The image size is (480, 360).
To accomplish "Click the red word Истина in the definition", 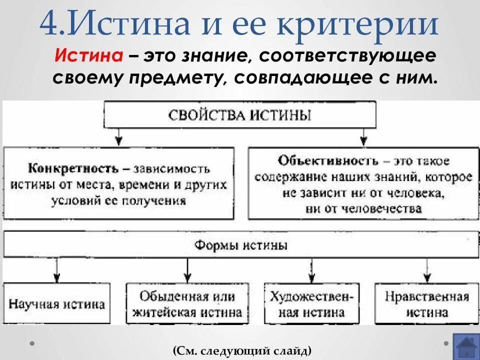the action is (x=89, y=56).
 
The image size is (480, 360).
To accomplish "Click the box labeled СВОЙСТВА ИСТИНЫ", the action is (x=240, y=115).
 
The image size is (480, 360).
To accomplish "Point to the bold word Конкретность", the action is (x=73, y=168).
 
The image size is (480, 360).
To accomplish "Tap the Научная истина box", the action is (x=56, y=304).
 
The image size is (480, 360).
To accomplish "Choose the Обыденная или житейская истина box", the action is (x=187, y=304).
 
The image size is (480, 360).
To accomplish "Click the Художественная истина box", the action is (x=311, y=304).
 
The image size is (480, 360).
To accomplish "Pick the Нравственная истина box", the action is (x=426, y=304).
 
